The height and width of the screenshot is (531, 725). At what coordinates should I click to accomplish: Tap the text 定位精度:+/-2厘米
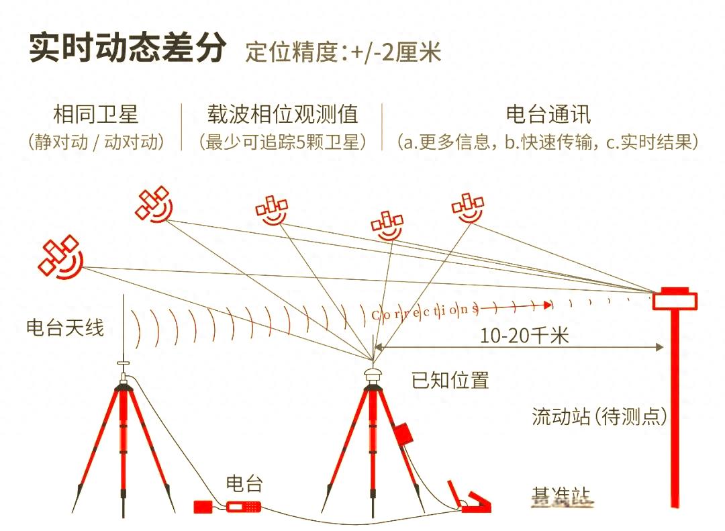click(343, 52)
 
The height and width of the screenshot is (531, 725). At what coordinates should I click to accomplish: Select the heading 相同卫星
click(95, 114)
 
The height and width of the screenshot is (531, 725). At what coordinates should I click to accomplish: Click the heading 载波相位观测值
click(282, 114)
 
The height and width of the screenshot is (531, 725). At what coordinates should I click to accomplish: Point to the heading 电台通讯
click(548, 114)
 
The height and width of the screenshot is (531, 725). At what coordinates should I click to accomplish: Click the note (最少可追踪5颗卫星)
click(282, 142)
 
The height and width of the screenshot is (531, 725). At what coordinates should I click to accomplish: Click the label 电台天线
click(65, 328)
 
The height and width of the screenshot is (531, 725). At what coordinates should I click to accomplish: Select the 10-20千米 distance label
click(524, 336)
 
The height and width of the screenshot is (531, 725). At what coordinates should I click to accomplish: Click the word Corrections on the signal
click(424, 311)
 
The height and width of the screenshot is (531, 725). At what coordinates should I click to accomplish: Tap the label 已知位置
click(450, 381)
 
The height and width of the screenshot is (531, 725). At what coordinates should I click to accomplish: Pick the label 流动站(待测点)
click(599, 417)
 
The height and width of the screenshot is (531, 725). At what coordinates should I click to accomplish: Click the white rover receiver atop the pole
click(675, 298)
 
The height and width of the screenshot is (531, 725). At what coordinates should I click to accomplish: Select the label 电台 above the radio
click(244, 483)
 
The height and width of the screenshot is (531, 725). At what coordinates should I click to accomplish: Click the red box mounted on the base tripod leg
click(403, 433)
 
